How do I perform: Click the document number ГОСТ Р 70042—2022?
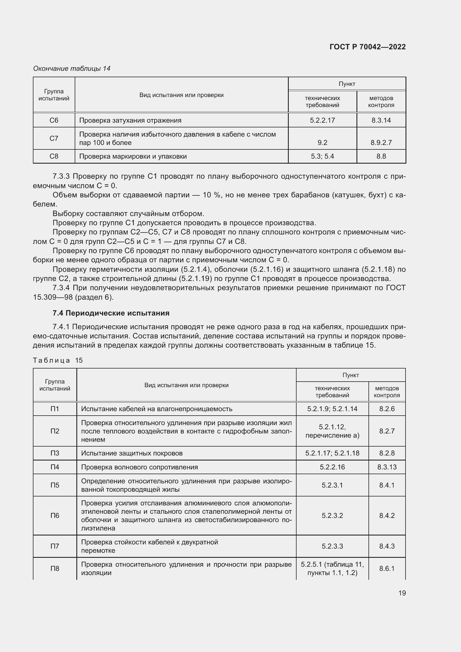pyautogui.click(x=367, y=47)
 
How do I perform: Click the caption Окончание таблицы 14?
pyautogui.click(x=72, y=69)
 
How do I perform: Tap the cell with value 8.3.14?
pyautogui.click(x=381, y=120)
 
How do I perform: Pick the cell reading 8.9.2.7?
pyautogui.click(x=381, y=142)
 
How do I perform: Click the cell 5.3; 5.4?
pyautogui.click(x=322, y=156)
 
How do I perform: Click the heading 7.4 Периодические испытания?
pyautogui.click(x=111, y=313)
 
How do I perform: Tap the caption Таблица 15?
pyautogui.click(x=58, y=360)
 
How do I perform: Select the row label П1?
pyautogui.click(x=55, y=409)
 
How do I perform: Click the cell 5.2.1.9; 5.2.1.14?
pyautogui.click(x=332, y=409)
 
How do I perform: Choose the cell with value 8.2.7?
pyautogui.click(x=387, y=431)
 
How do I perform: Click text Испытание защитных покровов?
pyautogui.click(x=132, y=453)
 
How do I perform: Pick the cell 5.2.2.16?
pyautogui.click(x=332, y=467)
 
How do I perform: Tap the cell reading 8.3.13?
pyautogui.click(x=387, y=467)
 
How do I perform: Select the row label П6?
pyautogui.click(x=55, y=515)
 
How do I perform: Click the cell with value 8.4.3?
pyautogui.click(x=387, y=546)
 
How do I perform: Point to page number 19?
pyautogui.click(x=402, y=593)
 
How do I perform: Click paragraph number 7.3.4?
pyautogui.click(x=61, y=288)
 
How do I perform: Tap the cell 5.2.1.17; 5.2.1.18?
pyautogui.click(x=332, y=453)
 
